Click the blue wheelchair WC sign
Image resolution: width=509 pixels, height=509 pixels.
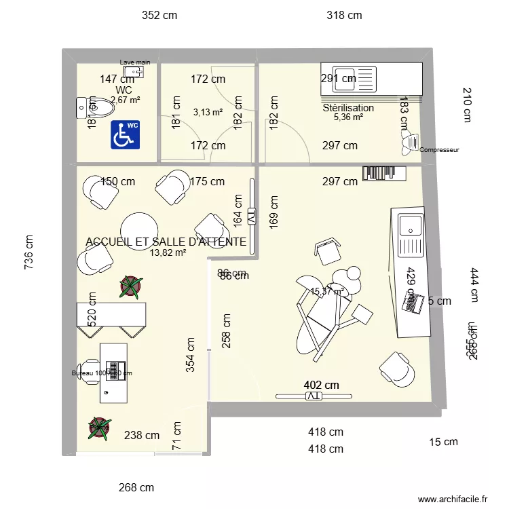pyautogui.click(x=125, y=135)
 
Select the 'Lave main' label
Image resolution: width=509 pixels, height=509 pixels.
pyautogui.click(x=135, y=62)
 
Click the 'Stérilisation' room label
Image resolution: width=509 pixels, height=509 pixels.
pyautogui.click(x=348, y=108)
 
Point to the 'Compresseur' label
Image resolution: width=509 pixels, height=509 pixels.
pyautogui.click(x=440, y=150)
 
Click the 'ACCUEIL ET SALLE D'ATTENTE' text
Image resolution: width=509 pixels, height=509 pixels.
pyautogui.click(x=166, y=242)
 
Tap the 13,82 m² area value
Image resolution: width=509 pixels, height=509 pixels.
pyautogui.click(x=168, y=252)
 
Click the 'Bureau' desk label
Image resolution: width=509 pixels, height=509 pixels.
pyautogui.click(x=102, y=373)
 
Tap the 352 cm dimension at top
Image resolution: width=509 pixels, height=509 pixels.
pyautogui.click(x=159, y=15)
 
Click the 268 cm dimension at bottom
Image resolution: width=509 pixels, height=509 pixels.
pyautogui.click(x=136, y=487)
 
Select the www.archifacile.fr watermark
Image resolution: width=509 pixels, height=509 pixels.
pyautogui.click(x=453, y=499)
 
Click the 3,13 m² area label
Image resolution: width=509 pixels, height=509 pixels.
pyautogui.click(x=208, y=113)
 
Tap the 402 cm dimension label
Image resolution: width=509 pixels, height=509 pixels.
pyautogui.click(x=322, y=385)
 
